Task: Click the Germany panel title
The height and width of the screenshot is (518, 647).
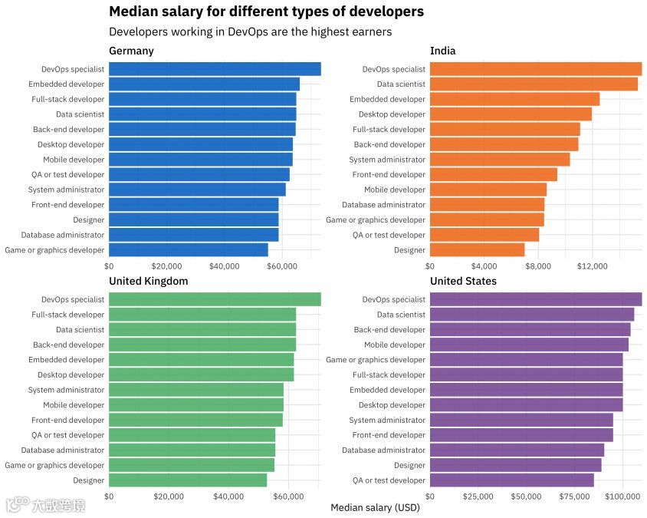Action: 131,51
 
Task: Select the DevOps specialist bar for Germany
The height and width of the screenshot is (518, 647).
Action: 215,69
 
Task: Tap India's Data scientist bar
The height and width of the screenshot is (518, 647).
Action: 534,84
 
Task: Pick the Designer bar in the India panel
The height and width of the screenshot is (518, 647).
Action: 477,250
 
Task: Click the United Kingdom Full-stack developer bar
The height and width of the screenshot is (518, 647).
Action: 202,315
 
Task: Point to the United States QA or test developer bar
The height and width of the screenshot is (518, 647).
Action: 511,480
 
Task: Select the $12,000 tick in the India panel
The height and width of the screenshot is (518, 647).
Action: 592,266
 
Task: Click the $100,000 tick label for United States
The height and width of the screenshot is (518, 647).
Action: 622,497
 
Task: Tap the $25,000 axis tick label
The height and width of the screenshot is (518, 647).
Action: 478,497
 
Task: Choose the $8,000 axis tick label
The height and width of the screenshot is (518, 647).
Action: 538,266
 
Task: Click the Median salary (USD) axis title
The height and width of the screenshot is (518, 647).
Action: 375,508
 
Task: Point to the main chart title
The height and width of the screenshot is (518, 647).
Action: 266,12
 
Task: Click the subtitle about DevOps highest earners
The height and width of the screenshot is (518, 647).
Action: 250,32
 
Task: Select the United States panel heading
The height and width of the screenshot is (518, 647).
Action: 463,281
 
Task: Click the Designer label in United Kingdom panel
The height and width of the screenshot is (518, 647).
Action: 88,480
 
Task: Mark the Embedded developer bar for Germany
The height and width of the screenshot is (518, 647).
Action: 204,84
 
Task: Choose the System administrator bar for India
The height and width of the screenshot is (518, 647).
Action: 500,160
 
